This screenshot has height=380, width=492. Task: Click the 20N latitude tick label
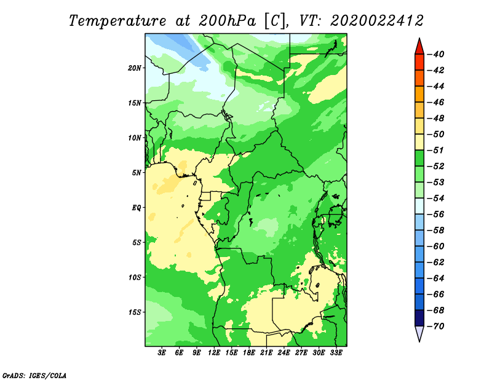tap(135, 68)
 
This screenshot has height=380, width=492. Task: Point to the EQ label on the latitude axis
tap(136, 208)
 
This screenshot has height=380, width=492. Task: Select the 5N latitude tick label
tap(137, 173)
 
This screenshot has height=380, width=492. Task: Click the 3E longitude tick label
tap(162, 353)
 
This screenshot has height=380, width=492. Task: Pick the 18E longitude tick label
tap(249, 353)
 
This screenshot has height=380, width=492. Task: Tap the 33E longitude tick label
tap(336, 353)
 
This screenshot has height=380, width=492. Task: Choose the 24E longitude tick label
tap(284, 353)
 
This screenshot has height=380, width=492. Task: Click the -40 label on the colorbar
tap(435, 54)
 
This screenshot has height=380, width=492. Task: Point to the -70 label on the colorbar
tap(435, 327)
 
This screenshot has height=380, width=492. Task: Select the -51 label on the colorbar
tap(435, 150)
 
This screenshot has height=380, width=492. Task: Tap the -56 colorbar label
tap(435, 215)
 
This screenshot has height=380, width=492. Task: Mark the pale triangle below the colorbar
tap(419, 333)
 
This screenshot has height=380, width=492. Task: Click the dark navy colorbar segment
tap(419, 318)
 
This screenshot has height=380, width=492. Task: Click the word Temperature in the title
tap(117, 22)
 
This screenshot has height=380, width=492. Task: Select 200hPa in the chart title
tap(227, 21)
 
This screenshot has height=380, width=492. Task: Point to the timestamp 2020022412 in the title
tap(377, 21)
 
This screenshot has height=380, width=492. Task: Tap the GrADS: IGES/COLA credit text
tap(34, 375)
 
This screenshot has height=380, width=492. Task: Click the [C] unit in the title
tap(275, 22)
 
